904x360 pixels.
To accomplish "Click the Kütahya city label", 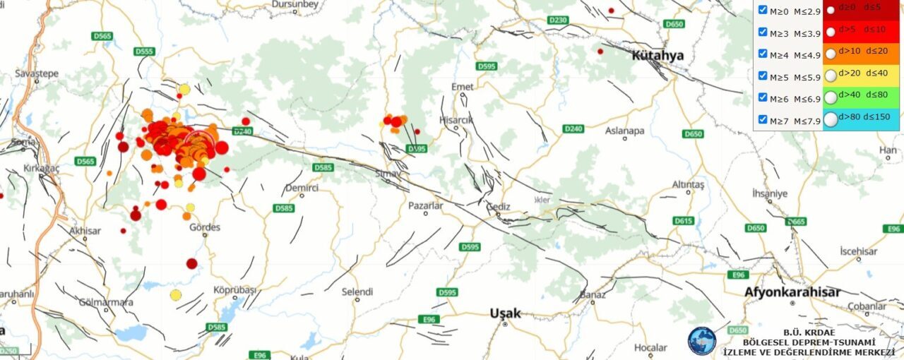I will [658, 56].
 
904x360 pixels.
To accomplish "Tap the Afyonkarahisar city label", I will [792, 292].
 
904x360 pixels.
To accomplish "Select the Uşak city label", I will [505, 313].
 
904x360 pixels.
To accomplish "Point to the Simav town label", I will [388, 173].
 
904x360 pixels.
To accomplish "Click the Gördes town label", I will [205, 227].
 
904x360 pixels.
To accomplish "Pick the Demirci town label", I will [302, 188].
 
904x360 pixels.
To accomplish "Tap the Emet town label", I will [462, 86].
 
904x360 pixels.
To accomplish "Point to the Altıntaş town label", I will [689, 184].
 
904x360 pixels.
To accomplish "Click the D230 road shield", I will [557, 20].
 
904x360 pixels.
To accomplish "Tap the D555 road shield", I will [144, 52].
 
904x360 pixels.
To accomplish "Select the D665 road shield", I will [795, 222].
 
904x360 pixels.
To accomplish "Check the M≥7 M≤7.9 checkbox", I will [763, 120].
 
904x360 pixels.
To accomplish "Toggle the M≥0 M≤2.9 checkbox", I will [763, 10].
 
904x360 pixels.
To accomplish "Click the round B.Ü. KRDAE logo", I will [701, 341].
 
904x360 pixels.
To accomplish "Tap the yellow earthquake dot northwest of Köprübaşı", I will [176, 294].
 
